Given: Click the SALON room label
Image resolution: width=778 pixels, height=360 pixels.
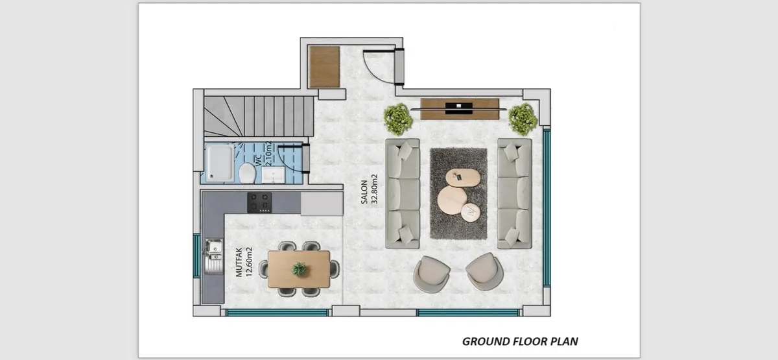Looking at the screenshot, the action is tap(364, 192).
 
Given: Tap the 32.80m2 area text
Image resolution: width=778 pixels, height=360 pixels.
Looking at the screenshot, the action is tap(374, 189).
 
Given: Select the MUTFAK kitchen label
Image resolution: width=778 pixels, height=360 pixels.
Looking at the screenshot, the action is tap(239, 262).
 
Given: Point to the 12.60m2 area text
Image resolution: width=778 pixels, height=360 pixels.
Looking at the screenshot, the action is tap(249, 262).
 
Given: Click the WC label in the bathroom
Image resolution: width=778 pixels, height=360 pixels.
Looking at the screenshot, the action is tap(259, 160).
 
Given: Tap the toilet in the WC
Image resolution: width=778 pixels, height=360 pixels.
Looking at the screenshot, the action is tap(247, 173).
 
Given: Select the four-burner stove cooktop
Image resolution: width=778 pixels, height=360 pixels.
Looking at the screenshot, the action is tap(259, 202).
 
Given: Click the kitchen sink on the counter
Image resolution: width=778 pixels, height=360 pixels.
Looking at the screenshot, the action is tap(213, 256).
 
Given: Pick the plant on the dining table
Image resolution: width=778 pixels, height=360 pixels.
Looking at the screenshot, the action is tap(299, 269).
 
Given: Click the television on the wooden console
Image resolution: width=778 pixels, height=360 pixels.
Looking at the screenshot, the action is tap(458, 108).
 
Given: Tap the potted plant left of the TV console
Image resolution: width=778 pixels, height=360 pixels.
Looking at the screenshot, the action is tap(398, 119).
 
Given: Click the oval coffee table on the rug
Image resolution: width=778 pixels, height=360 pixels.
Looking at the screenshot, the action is tap(463, 178).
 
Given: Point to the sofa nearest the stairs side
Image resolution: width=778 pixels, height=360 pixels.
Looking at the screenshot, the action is tap(402, 193).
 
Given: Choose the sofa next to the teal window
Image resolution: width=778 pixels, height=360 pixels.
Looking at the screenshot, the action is tap(514, 193).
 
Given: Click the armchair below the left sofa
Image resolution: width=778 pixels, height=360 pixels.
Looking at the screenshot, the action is tap(431, 274).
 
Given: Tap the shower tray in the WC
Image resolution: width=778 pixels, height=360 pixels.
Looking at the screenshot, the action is tap(220, 163).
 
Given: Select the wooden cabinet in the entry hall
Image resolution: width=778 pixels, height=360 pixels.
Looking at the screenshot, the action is tap(324, 67).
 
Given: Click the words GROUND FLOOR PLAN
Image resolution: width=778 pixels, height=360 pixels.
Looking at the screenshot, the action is tap(520, 342).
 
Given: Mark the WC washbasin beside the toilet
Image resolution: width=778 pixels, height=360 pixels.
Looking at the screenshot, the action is tap(273, 174).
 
